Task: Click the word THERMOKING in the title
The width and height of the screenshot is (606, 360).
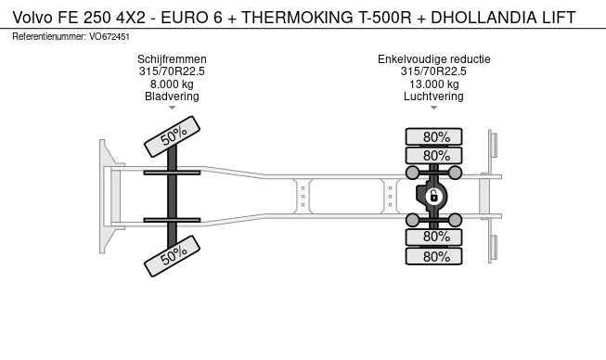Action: click(x=297, y=18)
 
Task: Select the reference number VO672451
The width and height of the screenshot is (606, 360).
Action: click(x=110, y=37)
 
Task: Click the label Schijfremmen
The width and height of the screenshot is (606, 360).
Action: click(x=172, y=59)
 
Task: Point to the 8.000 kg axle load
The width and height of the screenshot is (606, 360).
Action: click(x=172, y=84)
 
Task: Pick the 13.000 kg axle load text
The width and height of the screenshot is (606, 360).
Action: click(x=434, y=84)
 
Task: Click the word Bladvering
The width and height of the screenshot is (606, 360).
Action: click(x=172, y=96)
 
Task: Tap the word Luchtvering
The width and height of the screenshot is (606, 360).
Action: click(x=433, y=96)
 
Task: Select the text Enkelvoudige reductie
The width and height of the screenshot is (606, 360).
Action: click(x=434, y=59)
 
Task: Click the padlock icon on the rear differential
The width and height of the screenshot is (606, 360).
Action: click(x=433, y=196)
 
